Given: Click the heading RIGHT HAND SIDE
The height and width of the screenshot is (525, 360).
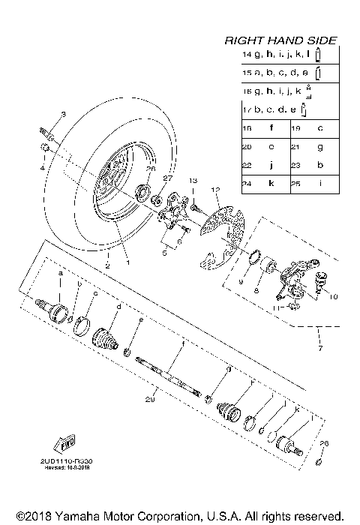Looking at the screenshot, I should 280,40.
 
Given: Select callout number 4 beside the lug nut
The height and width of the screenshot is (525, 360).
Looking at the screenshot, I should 42,167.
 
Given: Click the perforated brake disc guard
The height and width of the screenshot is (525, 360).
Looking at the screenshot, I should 221,236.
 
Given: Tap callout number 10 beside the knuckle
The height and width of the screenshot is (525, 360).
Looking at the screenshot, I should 334,296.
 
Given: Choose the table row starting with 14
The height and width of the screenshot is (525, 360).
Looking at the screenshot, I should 280,55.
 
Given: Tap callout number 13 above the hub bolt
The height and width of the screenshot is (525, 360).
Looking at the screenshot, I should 192,181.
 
